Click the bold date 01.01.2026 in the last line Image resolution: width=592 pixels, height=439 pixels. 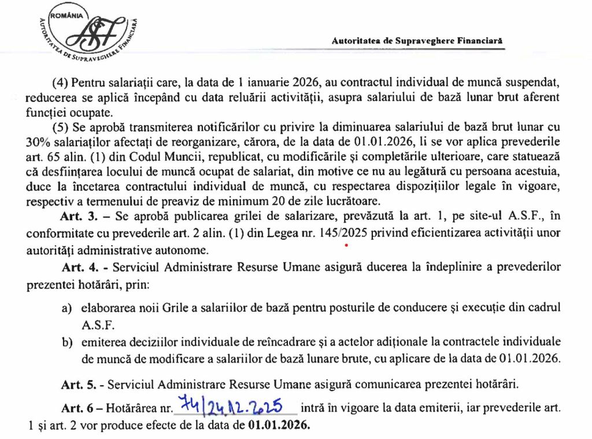pos(279,428)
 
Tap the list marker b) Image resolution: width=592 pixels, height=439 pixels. pos(68,342)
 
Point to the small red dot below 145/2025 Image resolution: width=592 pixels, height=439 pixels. pos(346,246)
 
